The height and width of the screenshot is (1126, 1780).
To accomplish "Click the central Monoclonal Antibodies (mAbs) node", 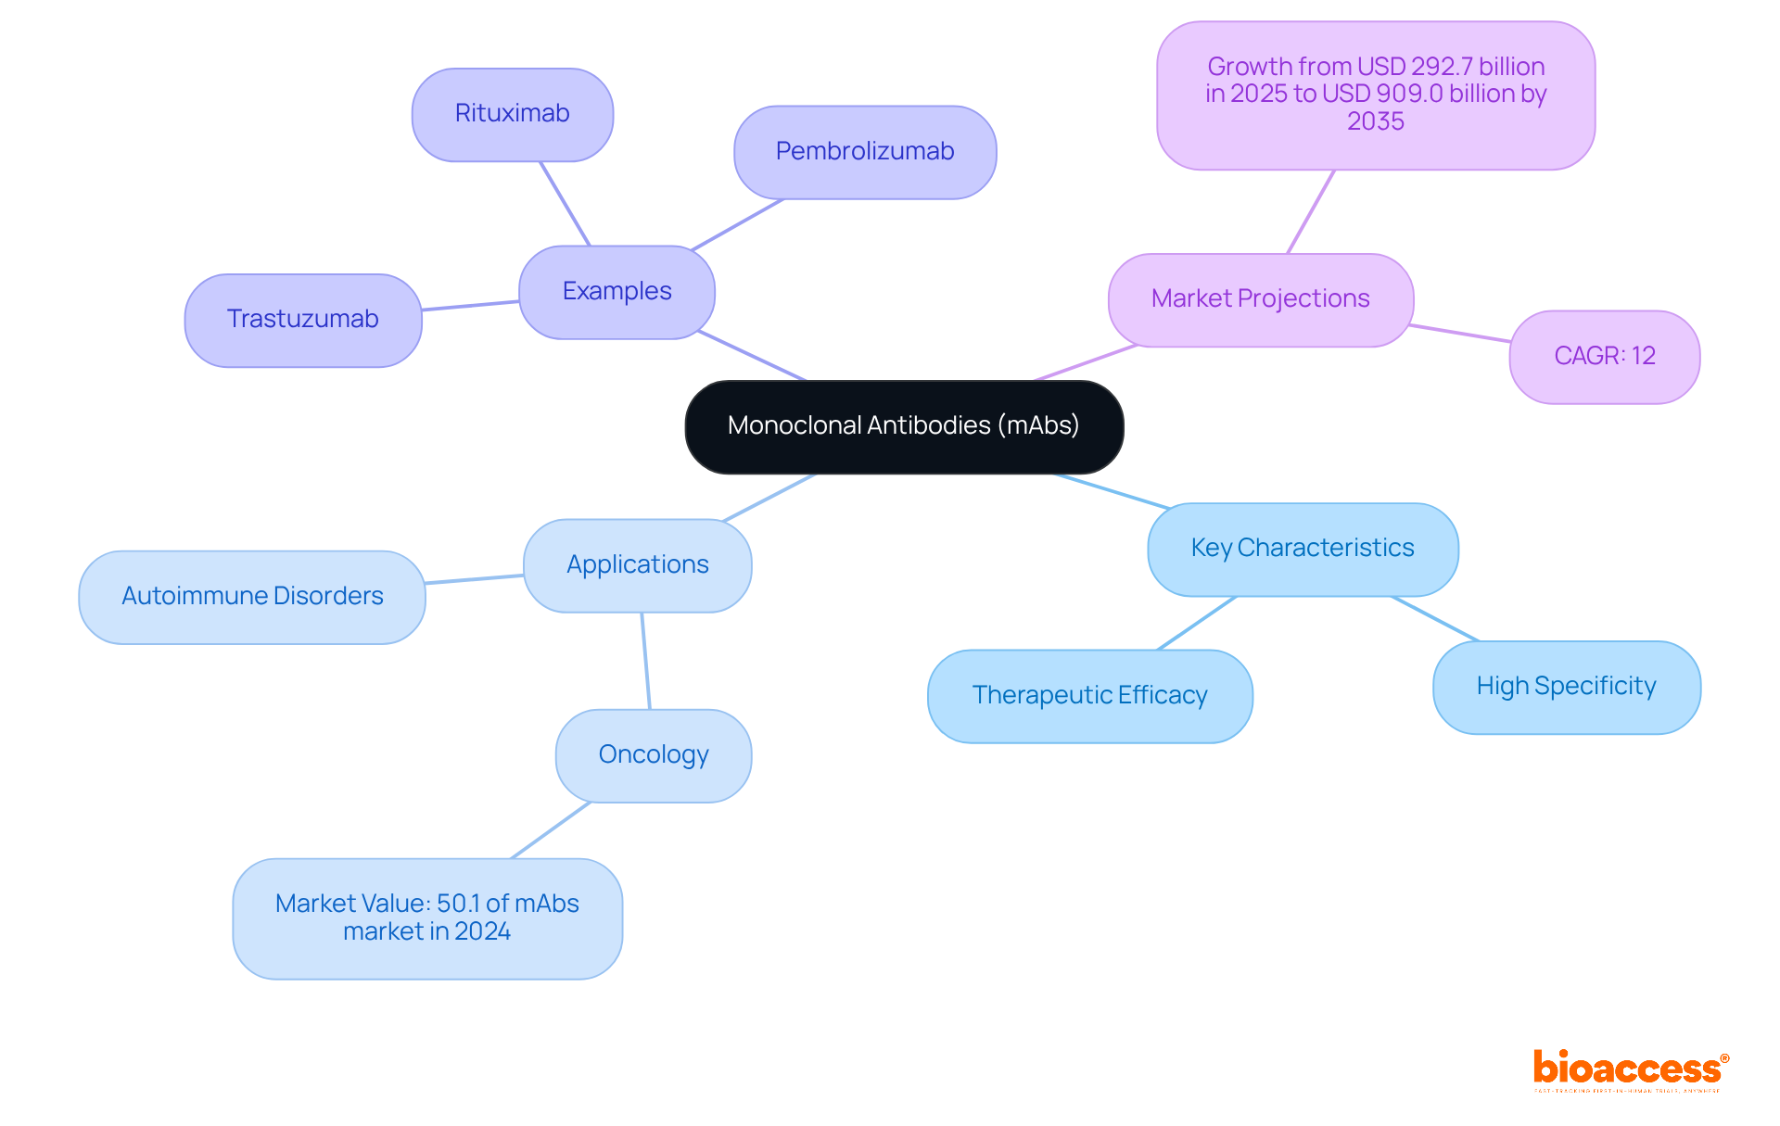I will point(904,426).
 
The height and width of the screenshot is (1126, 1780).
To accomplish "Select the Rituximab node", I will point(513,114).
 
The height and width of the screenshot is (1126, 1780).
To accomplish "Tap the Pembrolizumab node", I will point(865,152).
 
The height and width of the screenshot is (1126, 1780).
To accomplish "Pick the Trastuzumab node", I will point(303,320).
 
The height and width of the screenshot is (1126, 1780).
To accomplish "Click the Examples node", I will point(617,292).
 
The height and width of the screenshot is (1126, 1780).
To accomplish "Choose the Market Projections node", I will point(1260,299).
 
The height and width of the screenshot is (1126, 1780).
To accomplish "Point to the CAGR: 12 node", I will point(1604,357).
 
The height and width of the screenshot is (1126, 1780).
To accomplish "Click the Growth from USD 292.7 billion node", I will point(1376,95).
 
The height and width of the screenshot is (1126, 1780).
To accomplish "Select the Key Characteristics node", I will point(1303,549).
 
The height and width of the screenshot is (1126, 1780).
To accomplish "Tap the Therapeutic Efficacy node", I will point(1089,696).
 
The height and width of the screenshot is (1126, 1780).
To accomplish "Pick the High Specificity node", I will point(1566,687).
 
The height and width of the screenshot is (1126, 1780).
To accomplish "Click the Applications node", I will point(637,565).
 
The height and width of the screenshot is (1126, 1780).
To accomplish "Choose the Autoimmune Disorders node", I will point(252,597).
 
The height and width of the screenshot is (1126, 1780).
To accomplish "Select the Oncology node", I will point(654,755).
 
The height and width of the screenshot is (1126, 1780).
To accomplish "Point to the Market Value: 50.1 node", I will point(427,917).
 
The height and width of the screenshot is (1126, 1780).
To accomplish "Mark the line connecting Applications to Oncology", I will point(645,661).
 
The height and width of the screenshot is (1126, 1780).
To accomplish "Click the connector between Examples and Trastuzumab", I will point(470,306).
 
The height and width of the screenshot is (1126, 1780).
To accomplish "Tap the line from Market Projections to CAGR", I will point(1460,334).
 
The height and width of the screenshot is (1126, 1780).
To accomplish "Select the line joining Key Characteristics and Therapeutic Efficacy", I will point(1197,623).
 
